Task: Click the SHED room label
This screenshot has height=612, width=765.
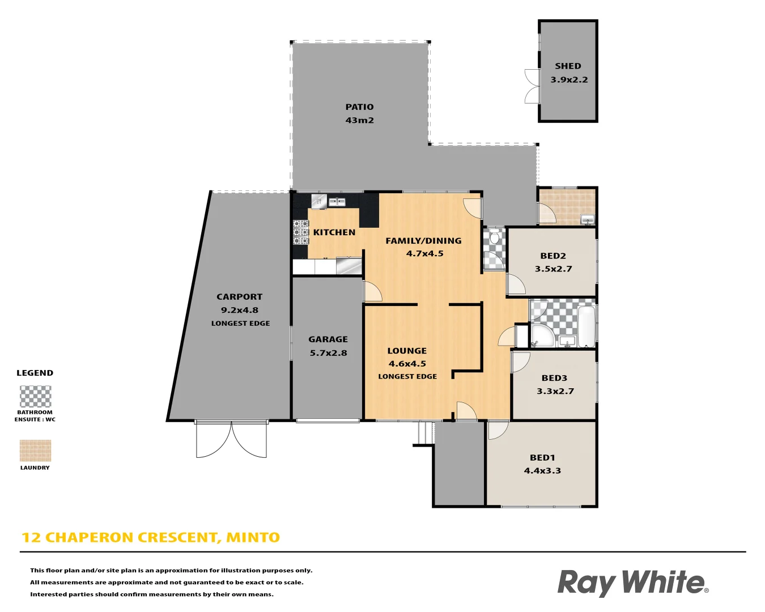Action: click(568, 66)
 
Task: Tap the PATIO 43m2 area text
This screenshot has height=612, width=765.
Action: click(359, 120)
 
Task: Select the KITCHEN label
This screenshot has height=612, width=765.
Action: click(334, 232)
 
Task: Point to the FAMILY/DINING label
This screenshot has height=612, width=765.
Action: click(423, 241)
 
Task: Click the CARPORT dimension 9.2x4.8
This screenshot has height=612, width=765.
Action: click(239, 310)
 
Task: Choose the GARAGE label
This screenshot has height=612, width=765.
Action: click(328, 339)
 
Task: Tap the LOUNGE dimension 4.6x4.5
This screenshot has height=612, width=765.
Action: click(407, 364)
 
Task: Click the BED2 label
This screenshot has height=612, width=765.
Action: click(553, 256)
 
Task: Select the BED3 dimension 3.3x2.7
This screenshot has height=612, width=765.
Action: click(555, 391)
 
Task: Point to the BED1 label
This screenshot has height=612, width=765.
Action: click(542, 457)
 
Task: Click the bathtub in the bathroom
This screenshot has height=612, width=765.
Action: click(586, 326)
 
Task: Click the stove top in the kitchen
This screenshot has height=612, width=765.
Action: click(300, 232)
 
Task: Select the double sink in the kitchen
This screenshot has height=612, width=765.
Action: click(337, 202)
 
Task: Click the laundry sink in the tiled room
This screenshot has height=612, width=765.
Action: click(587, 220)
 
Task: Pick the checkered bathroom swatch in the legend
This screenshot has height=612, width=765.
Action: click(35, 396)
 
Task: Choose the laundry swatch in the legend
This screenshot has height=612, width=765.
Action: click(35, 451)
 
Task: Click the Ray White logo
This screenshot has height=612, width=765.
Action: click(632, 583)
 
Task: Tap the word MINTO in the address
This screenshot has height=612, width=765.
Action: click(253, 537)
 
